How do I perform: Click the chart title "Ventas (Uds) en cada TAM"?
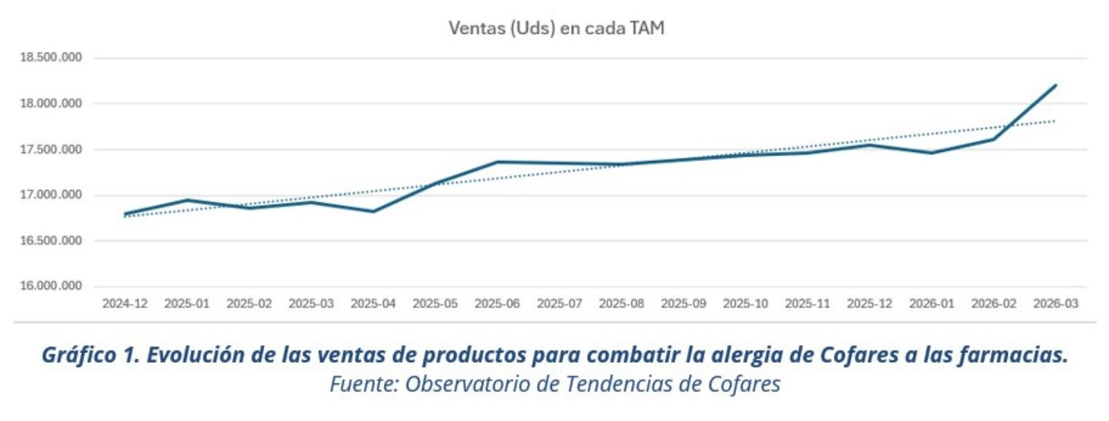(x=556, y=28)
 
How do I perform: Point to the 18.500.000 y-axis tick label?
(x=51, y=58)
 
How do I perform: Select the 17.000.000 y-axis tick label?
(x=51, y=195)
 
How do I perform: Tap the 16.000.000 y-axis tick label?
(x=51, y=286)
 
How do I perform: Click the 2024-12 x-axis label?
(x=125, y=304)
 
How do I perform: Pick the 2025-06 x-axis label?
(x=497, y=304)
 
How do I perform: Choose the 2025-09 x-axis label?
(x=683, y=304)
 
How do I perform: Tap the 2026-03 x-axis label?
(x=1056, y=304)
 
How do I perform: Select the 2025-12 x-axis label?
(x=869, y=304)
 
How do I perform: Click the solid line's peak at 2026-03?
(x=1055, y=85)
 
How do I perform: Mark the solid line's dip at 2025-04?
(x=373, y=212)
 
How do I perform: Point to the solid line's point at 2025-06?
(x=497, y=162)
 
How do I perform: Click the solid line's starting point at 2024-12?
(x=125, y=214)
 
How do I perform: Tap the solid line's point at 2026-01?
(x=932, y=153)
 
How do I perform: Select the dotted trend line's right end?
(x=1054, y=121)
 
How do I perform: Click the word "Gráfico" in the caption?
(x=79, y=355)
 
